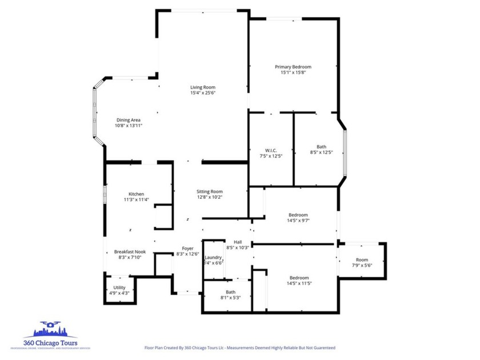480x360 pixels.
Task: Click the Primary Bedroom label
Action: point(293,67)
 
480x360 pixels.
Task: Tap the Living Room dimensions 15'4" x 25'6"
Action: point(203,93)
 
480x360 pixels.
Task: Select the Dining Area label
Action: point(128,120)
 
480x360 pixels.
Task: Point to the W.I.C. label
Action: point(271,150)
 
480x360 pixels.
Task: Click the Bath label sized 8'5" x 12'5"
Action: point(321,147)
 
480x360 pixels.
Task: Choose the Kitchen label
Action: point(136,194)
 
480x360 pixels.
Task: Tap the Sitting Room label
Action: point(210,191)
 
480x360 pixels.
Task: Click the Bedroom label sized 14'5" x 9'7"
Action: point(298,215)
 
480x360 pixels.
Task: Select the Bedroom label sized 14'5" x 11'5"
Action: point(299,278)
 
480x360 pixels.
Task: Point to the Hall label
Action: point(238,242)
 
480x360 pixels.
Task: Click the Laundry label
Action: point(213,258)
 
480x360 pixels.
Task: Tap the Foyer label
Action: point(187,249)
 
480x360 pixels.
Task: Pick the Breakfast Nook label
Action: point(130,251)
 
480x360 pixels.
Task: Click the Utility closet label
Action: point(119,287)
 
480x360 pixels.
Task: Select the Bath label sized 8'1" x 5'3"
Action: point(230,292)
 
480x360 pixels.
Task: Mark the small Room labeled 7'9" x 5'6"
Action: point(362,260)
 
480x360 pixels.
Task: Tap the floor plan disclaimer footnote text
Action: point(239,347)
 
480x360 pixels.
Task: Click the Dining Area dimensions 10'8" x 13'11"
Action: point(128,126)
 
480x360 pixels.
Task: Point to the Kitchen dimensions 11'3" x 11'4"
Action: point(136,200)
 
